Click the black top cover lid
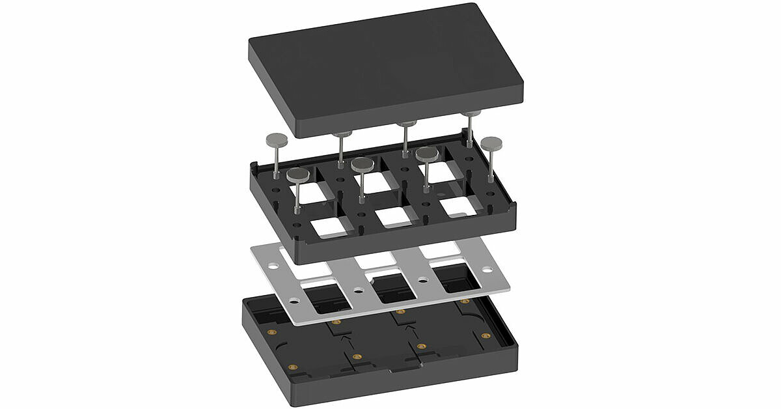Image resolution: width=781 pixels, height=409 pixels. pos(384,65)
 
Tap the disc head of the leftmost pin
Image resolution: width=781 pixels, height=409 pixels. pos(277,139)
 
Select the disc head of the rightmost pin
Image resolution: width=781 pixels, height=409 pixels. pos(491,143)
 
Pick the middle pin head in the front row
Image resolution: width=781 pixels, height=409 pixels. pos(363,165)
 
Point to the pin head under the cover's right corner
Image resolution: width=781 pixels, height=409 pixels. pos(471,115)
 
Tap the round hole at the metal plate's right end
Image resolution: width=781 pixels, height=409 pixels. pos(487,269)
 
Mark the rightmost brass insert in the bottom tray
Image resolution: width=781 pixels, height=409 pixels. pos(486,335)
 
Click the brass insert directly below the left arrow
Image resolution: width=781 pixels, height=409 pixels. pos(356,357)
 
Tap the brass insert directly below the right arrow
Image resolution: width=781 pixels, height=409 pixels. pos(421,346)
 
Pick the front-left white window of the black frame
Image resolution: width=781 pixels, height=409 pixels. pos(329,227)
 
